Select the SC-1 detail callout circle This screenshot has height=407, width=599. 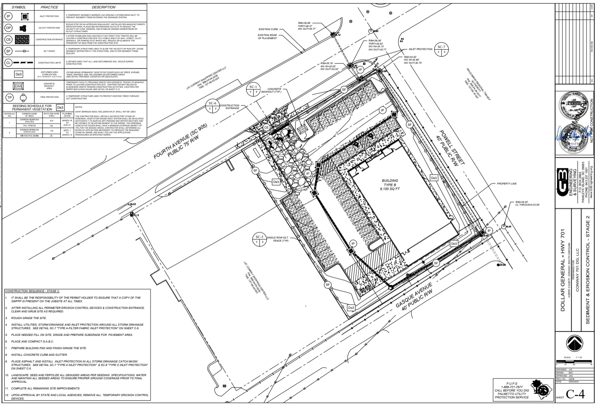click(x=253, y=89)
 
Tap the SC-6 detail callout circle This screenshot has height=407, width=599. click(x=213, y=106)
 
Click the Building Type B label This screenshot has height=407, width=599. click(x=389, y=184)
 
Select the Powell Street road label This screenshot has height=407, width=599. click(x=450, y=148)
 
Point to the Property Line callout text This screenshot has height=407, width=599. click(x=507, y=184)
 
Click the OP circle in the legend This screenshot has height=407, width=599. click(x=9, y=28)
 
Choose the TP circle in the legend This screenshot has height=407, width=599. click(x=9, y=97)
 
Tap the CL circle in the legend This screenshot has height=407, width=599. click(x=9, y=63)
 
